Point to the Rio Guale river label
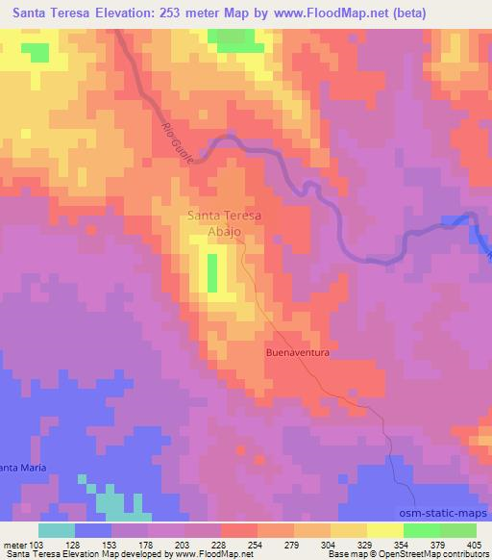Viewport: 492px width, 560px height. pyautogui.click(x=176, y=144)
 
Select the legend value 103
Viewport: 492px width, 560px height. pyautogui.click(x=36, y=544)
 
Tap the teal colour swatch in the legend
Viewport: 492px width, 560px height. pyautogui.click(x=57, y=530)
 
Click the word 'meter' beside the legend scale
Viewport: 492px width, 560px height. pyautogui.click(x=12, y=544)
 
